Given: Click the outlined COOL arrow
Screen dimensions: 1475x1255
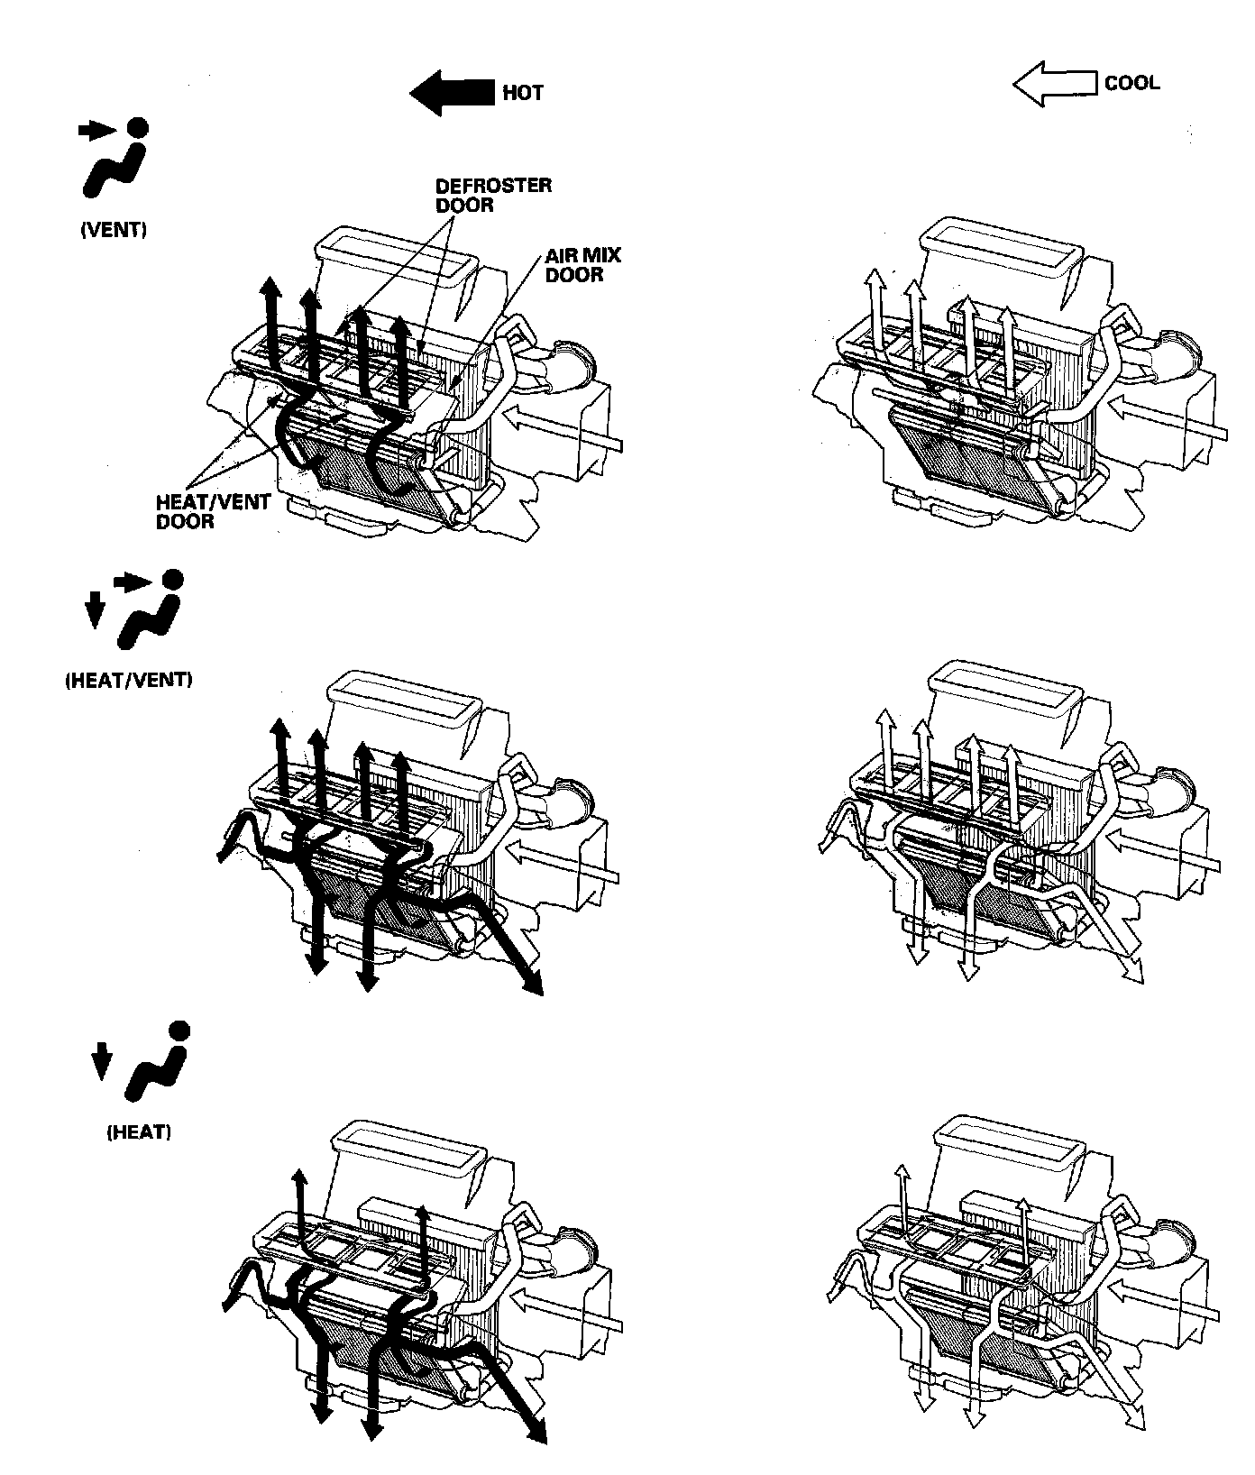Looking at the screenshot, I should pyautogui.click(x=1053, y=84).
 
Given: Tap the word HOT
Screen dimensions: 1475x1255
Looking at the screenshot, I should pyautogui.click(x=523, y=93).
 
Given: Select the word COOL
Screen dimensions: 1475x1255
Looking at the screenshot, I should pyautogui.click(x=1132, y=84).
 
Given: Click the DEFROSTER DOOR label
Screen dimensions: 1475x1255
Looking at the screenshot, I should pyautogui.click(x=493, y=195).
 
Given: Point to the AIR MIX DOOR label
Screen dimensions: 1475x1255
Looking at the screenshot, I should pyautogui.click(x=582, y=265).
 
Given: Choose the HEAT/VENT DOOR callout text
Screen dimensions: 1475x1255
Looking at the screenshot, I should pyautogui.click(x=200, y=512).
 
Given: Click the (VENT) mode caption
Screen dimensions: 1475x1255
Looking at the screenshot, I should pyautogui.click(x=114, y=230).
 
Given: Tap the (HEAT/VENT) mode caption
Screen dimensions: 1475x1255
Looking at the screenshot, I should pyautogui.click(x=129, y=681).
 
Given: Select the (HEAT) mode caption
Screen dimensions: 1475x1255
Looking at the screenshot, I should pyautogui.click(x=139, y=1131).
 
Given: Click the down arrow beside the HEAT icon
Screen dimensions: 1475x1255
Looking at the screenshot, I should pyautogui.click(x=101, y=1061).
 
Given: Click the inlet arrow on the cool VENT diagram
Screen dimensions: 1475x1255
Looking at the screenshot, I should pyautogui.click(x=1163, y=424).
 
